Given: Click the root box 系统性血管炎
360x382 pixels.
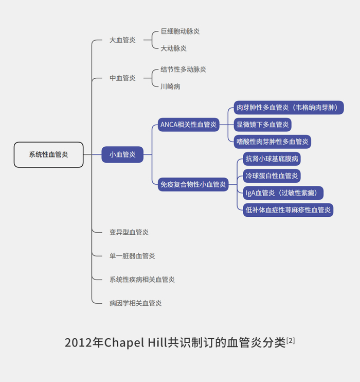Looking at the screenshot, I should [x=48, y=154].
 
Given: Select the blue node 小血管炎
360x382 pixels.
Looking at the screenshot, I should [x=122, y=154].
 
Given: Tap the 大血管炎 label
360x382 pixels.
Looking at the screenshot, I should [x=122, y=40].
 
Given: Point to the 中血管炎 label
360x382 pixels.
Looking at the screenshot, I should [x=122, y=78].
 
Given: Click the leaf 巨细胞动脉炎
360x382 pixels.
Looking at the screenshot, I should [x=180, y=31].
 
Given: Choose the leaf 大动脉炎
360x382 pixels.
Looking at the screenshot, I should [x=173, y=48].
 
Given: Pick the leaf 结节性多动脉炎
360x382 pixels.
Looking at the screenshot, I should [x=183, y=70].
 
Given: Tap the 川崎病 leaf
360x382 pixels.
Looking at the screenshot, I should [x=170, y=86].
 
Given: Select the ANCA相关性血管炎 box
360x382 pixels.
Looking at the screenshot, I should [x=188, y=125].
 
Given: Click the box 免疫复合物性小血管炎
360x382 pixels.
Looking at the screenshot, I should [x=193, y=184].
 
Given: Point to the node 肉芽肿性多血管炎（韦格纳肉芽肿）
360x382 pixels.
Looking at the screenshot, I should [x=288, y=108].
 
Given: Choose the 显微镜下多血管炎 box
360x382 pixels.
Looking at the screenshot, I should [x=262, y=125].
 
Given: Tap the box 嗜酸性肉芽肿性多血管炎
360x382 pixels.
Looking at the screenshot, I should [x=272, y=142].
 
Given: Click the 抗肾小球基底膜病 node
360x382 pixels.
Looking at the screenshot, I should [x=272, y=159].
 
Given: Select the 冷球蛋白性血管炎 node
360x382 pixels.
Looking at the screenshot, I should [x=272, y=176].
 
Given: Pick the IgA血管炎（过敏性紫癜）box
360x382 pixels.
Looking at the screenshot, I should [x=283, y=193].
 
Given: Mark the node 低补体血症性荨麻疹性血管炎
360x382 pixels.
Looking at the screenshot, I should [x=288, y=210].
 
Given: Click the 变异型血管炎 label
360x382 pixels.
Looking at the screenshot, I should [x=129, y=232].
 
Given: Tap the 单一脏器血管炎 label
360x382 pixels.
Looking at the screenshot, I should [x=132, y=256].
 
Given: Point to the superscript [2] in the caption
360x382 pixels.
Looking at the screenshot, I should [x=291, y=340].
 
